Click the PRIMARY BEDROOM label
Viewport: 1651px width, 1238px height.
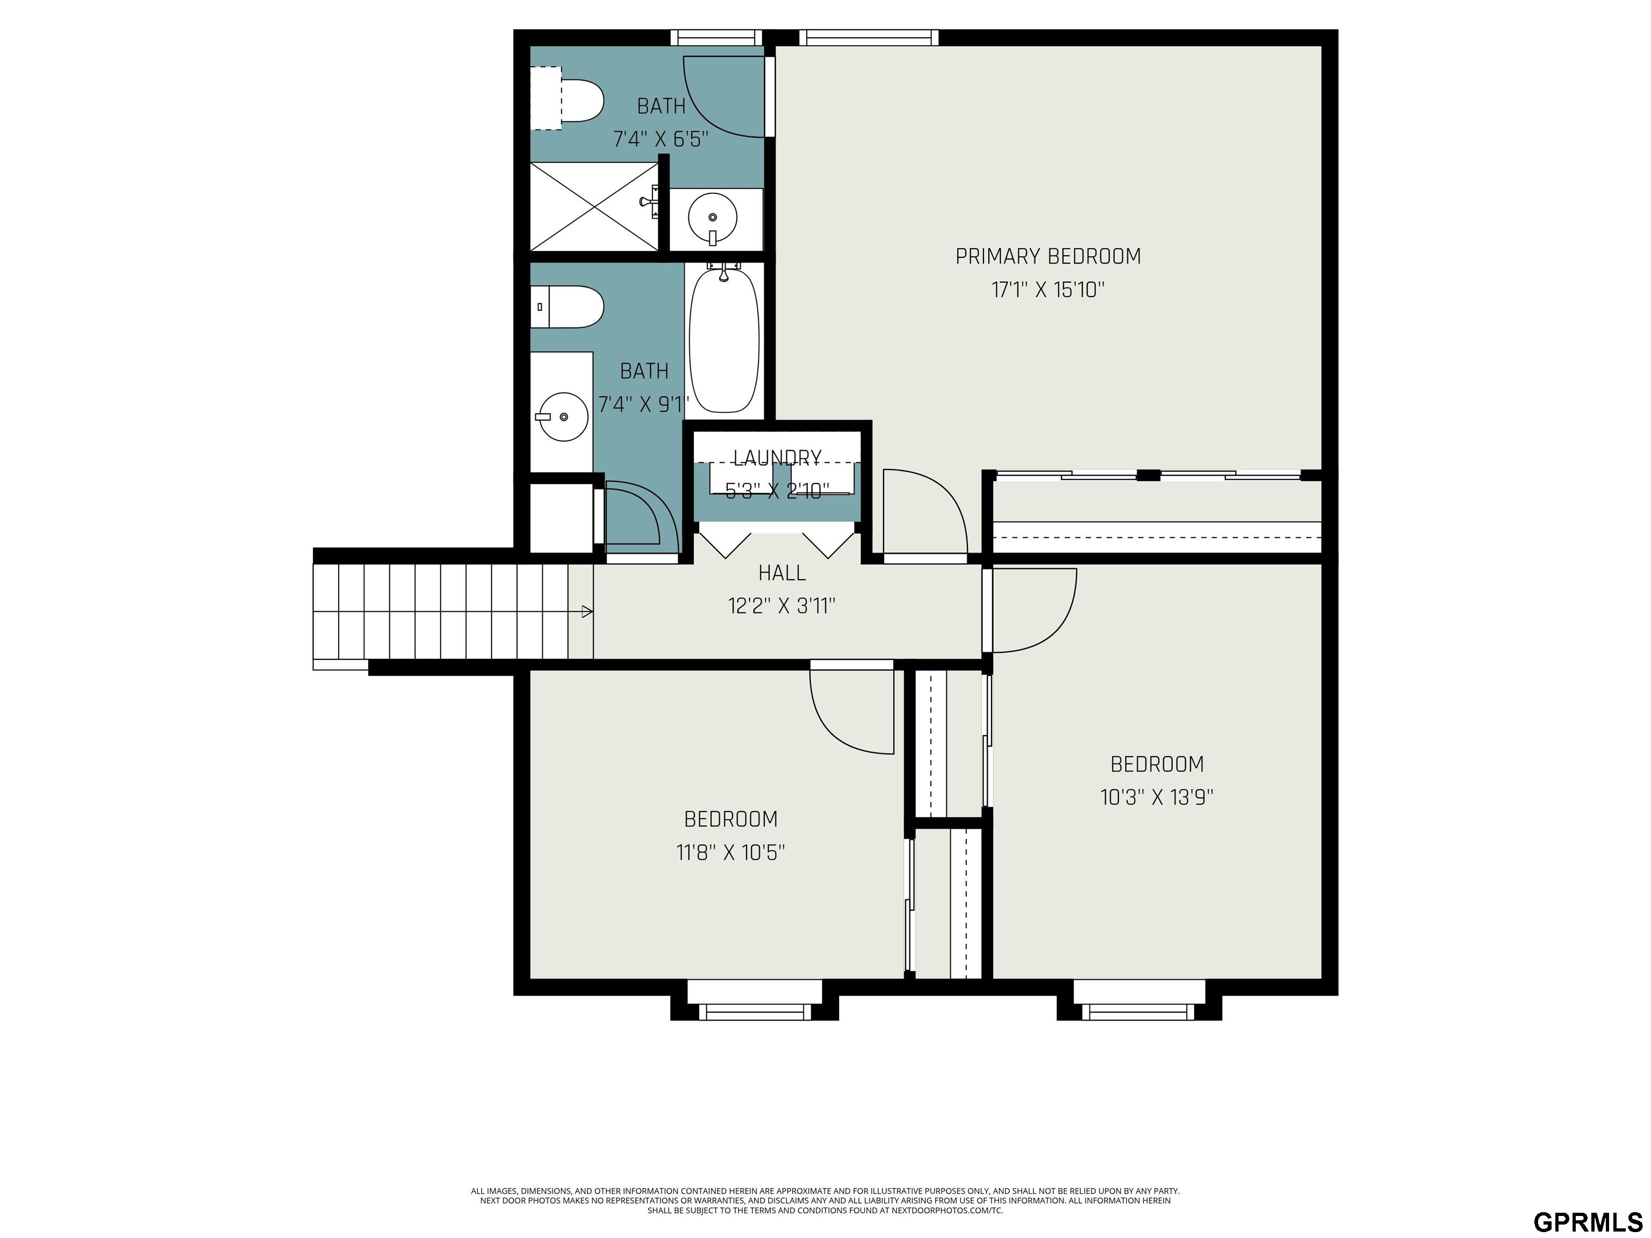[x=1048, y=257]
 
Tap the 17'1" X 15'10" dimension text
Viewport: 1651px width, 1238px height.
[x=1048, y=290]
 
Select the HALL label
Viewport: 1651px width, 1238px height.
[x=781, y=573]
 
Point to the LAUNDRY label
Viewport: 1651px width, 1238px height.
[x=777, y=457]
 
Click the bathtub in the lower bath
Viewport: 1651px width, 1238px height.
[x=724, y=340]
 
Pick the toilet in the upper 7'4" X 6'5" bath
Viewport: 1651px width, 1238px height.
[x=567, y=99]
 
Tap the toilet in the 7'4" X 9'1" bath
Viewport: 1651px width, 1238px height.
[x=567, y=307]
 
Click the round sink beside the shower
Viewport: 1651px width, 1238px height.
[x=713, y=217]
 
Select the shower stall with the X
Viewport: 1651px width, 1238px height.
[x=594, y=207]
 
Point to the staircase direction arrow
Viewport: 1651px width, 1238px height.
[x=587, y=612]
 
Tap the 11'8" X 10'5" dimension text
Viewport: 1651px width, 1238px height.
[x=731, y=852]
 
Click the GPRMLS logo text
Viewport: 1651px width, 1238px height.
[x=1588, y=1201]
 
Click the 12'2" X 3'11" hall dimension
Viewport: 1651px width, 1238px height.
[x=781, y=606]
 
